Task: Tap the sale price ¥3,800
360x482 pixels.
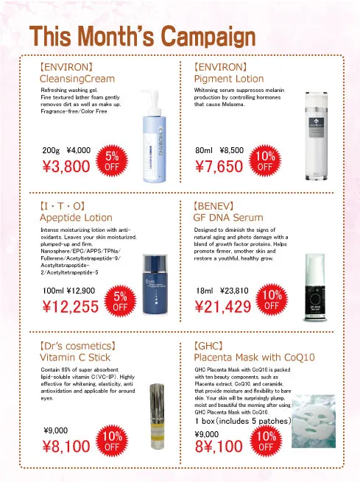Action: (68, 166)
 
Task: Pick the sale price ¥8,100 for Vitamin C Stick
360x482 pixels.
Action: (66, 445)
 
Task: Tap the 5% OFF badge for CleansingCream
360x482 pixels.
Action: (112, 160)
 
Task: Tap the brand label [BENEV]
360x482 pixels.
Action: (213, 205)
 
